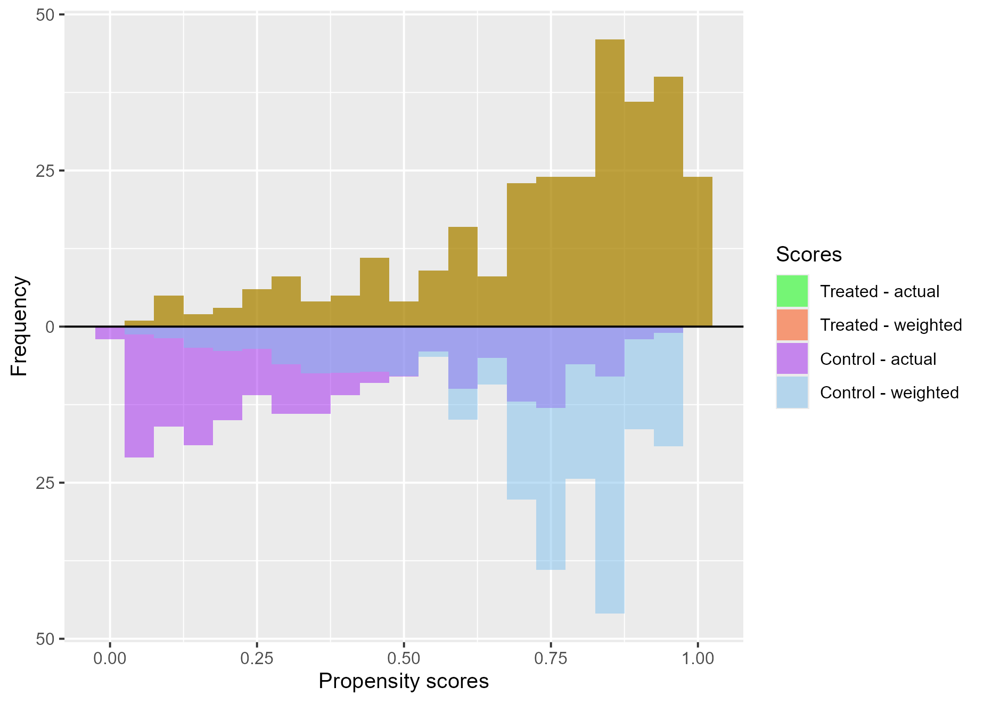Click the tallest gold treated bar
610,181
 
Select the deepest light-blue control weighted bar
610,495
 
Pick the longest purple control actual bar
139,394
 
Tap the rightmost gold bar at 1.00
698,250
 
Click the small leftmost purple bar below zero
110,333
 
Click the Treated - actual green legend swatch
792,291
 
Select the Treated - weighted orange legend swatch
792,325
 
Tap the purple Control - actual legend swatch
792,359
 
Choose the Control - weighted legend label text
889,393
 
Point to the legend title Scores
809,255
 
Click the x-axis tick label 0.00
110,659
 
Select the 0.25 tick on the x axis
257,659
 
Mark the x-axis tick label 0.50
404,659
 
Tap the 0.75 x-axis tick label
551,659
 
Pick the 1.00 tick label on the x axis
698,659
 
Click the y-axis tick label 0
50,327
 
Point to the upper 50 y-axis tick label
45,15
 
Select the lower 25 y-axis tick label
45,483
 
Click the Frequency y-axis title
19,326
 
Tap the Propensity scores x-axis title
404,682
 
